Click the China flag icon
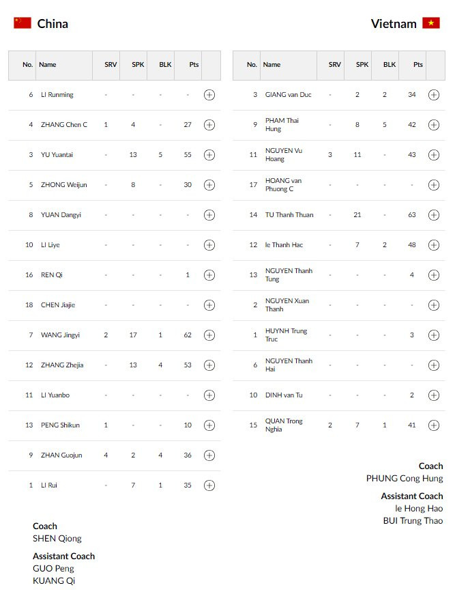[x=23, y=23]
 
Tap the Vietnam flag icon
[x=431, y=23]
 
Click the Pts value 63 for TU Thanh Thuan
[x=412, y=215]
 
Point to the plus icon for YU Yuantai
[x=209, y=155]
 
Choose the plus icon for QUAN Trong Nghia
[x=433, y=425]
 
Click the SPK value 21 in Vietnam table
[x=357, y=215]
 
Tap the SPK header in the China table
[x=138, y=65]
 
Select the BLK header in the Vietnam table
[x=389, y=65]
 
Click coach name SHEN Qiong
[x=57, y=539]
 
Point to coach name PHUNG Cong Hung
[x=404, y=479]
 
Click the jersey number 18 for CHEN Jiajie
[x=29, y=305]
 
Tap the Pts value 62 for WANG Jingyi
[x=188, y=335]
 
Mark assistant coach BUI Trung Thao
[x=413, y=521]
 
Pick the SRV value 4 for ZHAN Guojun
[x=106, y=455]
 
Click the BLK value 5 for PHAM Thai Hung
[x=384, y=125]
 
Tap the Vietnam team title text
[x=394, y=24]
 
